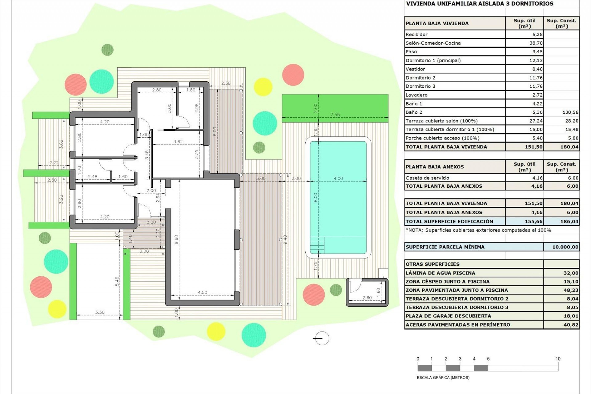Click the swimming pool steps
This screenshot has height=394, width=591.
(317, 245)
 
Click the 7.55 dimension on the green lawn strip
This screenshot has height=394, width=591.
(335, 115)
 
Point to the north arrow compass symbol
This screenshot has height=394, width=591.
(322, 338)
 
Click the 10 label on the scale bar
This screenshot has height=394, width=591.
(558, 359)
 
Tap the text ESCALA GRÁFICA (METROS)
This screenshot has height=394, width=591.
(443, 377)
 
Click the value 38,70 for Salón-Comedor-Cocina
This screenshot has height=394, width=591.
(536, 43)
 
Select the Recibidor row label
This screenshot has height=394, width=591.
(416, 34)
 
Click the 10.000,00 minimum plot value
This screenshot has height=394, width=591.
(565, 247)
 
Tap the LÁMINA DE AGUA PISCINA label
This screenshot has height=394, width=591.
(440, 273)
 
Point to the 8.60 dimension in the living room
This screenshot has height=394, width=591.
(176, 239)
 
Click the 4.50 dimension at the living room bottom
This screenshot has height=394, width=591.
(202, 292)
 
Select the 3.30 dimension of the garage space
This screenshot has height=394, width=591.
(100, 312)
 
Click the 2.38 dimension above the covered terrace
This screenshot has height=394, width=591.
(226, 83)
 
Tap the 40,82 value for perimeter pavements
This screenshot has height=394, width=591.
(571, 325)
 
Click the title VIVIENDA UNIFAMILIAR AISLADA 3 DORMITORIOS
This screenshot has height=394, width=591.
(480, 4)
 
